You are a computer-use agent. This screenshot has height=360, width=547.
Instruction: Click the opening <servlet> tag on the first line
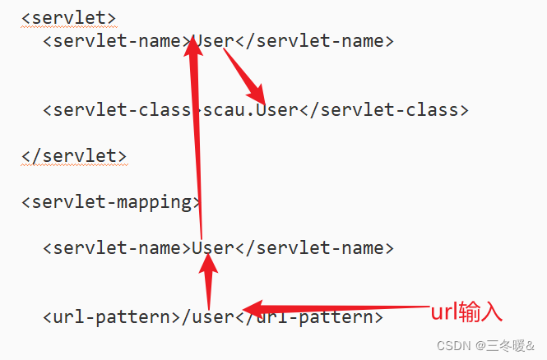[x=68, y=18]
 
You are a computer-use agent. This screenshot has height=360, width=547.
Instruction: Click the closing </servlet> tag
[x=74, y=156]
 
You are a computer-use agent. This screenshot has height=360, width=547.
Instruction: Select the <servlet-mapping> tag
[x=111, y=203]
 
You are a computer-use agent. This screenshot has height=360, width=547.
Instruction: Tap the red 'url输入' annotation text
[x=466, y=312]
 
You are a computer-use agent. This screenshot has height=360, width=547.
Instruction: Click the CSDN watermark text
[x=485, y=346]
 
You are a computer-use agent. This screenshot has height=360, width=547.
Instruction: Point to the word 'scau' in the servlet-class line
[x=223, y=110]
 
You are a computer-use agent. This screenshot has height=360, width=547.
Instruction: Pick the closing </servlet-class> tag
[x=384, y=109]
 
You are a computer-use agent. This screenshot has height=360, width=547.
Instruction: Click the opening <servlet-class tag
[x=117, y=109]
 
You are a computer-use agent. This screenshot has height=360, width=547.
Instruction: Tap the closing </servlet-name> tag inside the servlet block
[x=314, y=40]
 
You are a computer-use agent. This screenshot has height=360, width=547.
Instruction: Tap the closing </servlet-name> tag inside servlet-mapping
[x=314, y=247]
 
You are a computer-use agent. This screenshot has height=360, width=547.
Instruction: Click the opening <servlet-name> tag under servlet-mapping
[x=117, y=247]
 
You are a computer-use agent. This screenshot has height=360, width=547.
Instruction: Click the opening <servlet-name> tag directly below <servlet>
[x=117, y=40]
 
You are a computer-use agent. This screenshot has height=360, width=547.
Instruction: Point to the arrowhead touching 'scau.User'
[x=257, y=94]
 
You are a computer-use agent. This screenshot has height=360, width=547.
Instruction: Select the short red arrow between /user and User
[x=209, y=282]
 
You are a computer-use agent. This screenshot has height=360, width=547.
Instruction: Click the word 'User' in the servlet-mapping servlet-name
[x=213, y=247]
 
